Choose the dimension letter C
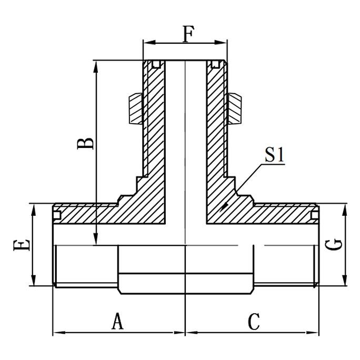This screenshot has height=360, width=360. (x=254, y=321)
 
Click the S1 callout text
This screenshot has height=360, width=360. (x=274, y=155)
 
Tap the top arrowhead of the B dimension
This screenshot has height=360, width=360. (x=96, y=64)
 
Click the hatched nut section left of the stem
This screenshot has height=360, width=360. (x=135, y=108)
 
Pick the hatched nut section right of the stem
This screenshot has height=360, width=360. (x=236, y=108)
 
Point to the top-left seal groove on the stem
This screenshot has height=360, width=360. (x=156, y=65)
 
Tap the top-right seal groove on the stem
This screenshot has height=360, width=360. (x=214, y=65)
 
